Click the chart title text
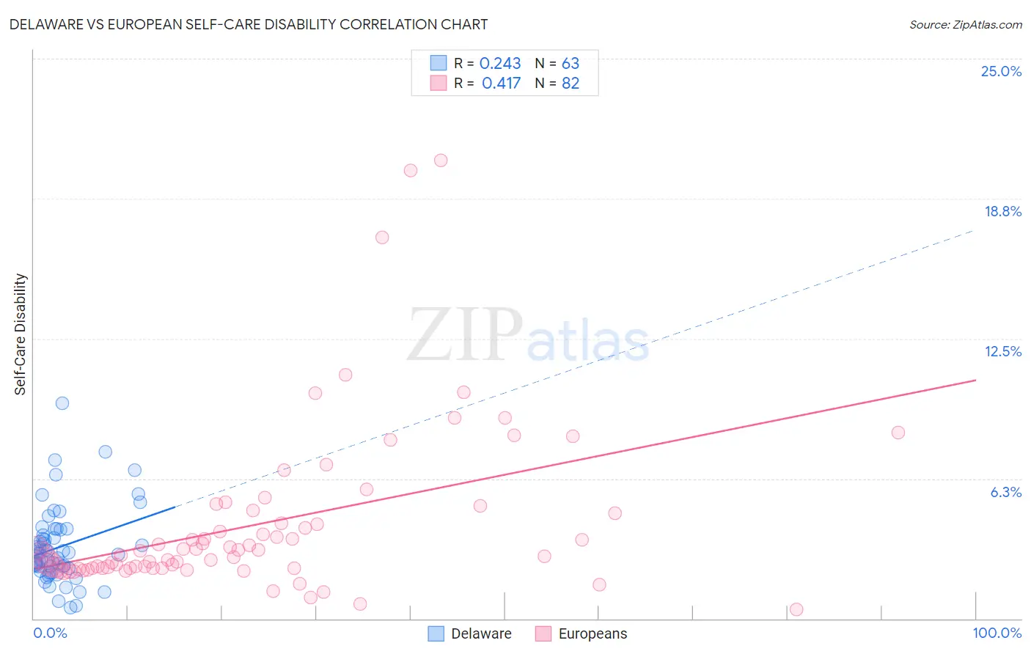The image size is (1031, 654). pyautogui.click(x=248, y=24)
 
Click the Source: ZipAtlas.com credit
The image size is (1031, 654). pyautogui.click(x=965, y=24)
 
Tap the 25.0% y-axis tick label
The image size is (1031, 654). pyautogui.click(x=1001, y=71)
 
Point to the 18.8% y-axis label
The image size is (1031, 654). pyautogui.click(x=1002, y=211)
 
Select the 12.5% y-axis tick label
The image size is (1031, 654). pyautogui.click(x=1002, y=351)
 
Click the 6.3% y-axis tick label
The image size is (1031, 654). pyautogui.click(x=1005, y=492)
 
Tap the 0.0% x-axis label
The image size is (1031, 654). pyautogui.click(x=50, y=633)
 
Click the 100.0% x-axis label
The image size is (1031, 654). pyautogui.click(x=997, y=633)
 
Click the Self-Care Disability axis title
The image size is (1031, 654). pyautogui.click(x=21, y=334)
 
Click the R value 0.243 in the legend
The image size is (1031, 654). pyautogui.click(x=500, y=64)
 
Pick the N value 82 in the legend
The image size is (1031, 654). pyautogui.click(x=570, y=84)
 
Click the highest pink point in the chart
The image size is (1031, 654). pyautogui.click(x=441, y=161)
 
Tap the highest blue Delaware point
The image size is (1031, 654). pyautogui.click(x=62, y=403)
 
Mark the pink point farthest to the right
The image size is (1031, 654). pyautogui.click(x=898, y=433)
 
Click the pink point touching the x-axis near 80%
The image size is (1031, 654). pyautogui.click(x=796, y=609)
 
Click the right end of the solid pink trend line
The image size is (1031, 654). pyautogui.click(x=975, y=380)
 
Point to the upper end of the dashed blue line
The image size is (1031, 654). pyautogui.click(x=974, y=230)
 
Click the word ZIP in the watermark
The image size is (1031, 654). pyautogui.click(x=464, y=335)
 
